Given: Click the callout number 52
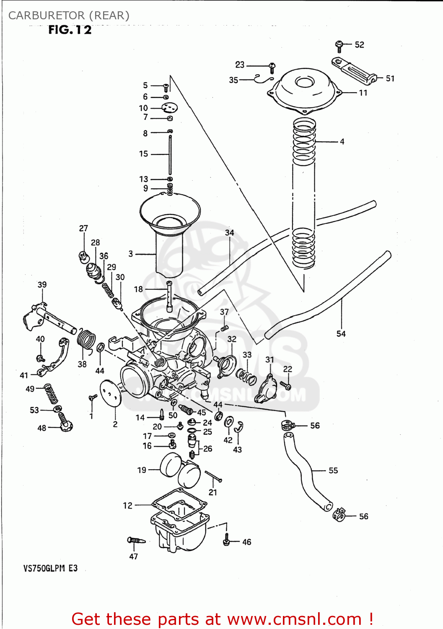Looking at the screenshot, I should [x=359, y=45].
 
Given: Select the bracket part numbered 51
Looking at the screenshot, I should [x=354, y=71].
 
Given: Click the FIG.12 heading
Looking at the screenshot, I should [x=70, y=30].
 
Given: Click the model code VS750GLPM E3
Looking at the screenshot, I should [x=50, y=569].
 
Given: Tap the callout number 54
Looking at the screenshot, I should [x=341, y=334].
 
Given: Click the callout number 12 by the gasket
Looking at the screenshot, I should [x=127, y=506].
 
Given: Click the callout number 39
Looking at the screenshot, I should [x=42, y=285].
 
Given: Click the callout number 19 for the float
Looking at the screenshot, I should [x=142, y=470].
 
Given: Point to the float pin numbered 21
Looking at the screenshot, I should [x=213, y=477].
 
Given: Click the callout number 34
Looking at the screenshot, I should [x=229, y=233].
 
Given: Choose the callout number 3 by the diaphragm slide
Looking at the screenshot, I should [x=131, y=254].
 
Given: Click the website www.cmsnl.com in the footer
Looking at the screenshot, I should [x=294, y=619].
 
